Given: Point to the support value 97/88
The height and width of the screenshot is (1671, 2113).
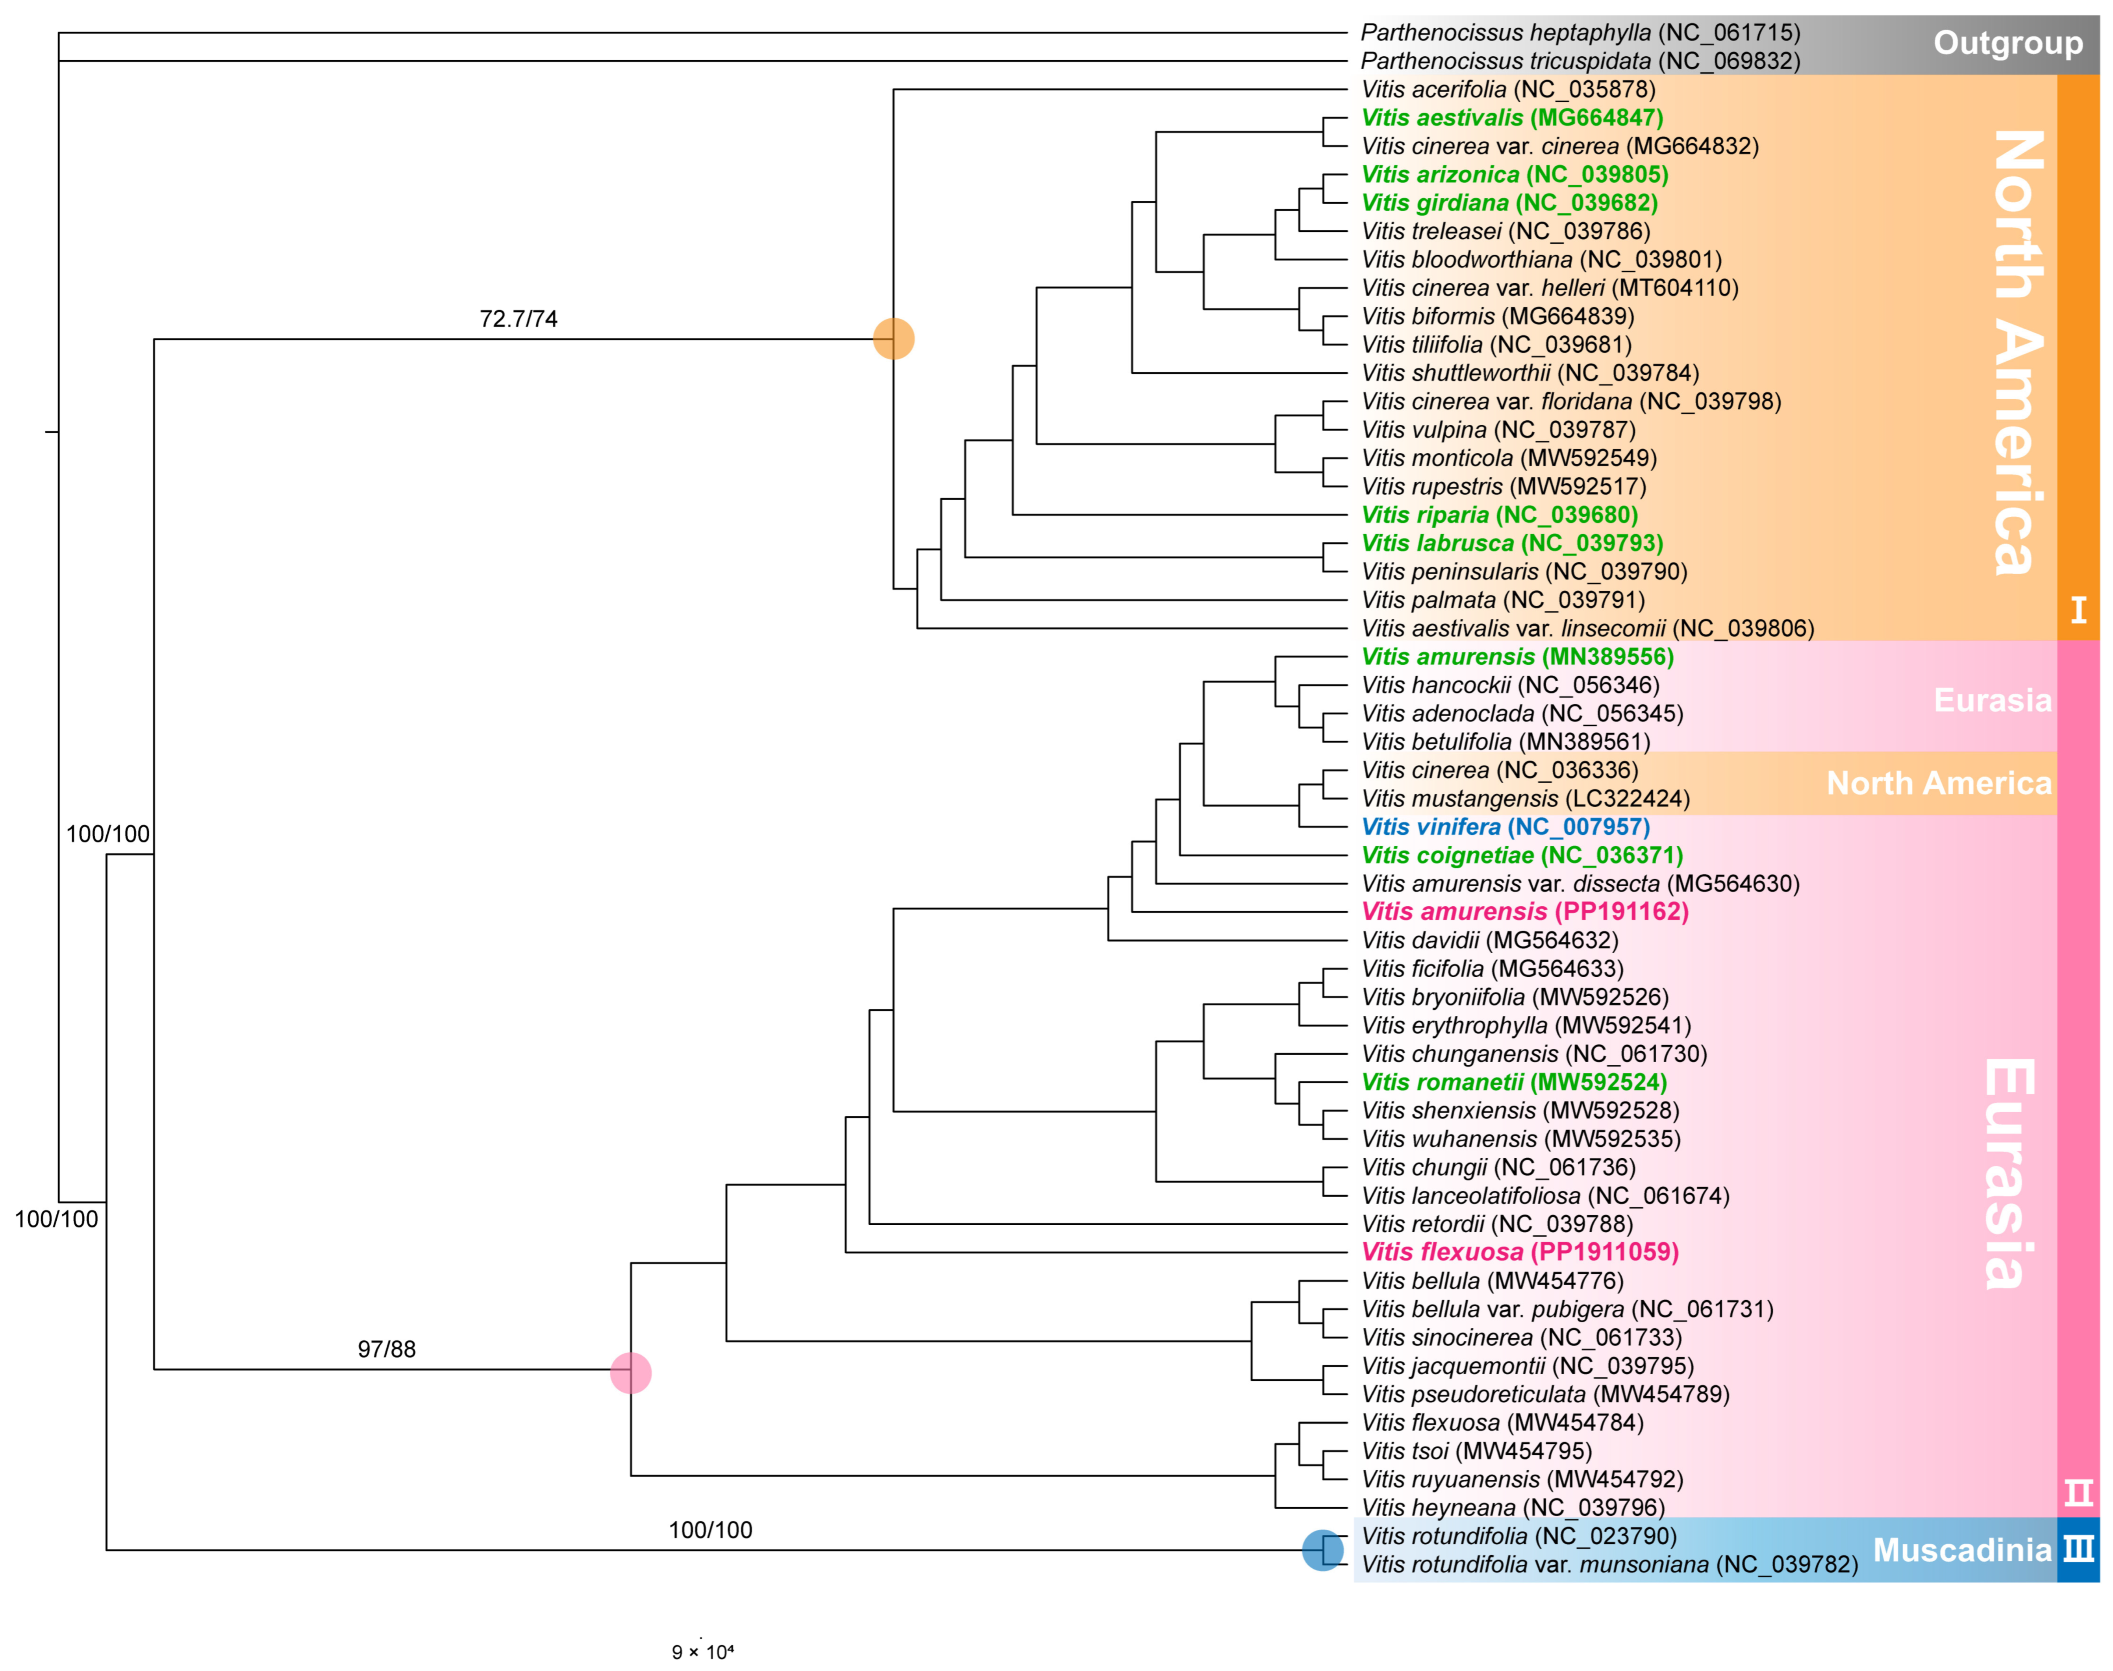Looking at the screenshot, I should coord(387,1349).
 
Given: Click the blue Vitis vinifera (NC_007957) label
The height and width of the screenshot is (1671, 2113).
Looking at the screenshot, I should coord(1505,827).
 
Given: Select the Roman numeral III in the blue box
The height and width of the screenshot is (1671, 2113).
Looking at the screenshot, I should coord(2079,1550).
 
